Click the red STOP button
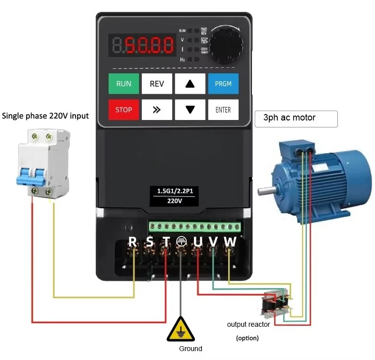point(124,110)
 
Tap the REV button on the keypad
point(157,84)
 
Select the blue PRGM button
point(223,84)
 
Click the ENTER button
point(223,110)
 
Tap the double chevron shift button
point(157,110)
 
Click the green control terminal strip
point(194,227)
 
